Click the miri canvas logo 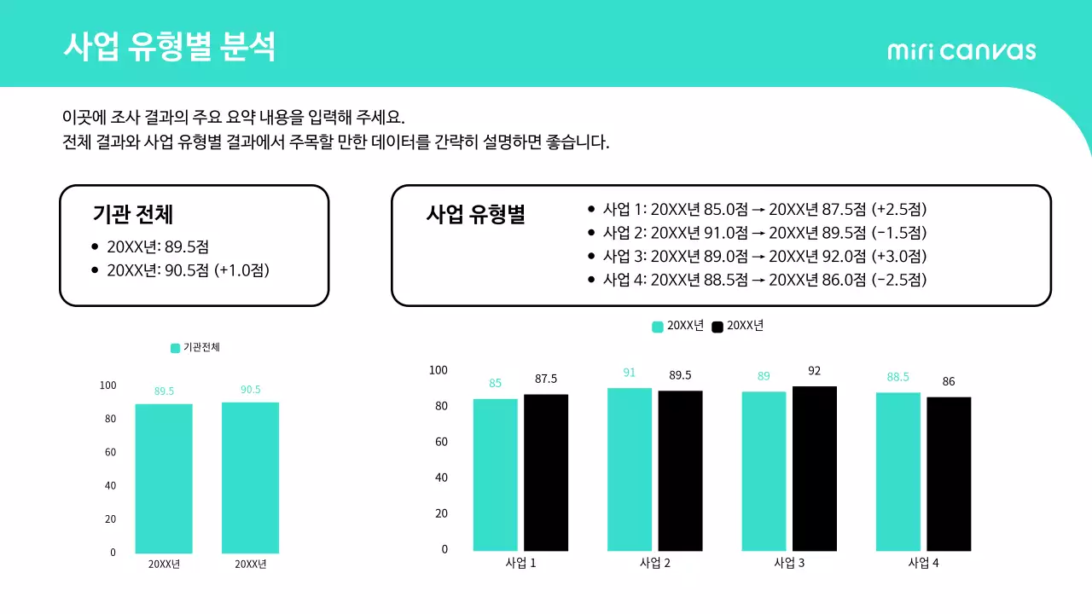[x=961, y=50]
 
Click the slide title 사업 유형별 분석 [x=170, y=46]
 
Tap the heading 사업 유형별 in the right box [x=475, y=214]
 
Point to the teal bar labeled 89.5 [x=164, y=478]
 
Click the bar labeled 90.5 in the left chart [x=250, y=478]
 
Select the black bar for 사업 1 [x=546, y=472]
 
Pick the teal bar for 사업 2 [x=630, y=469]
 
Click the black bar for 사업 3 [x=815, y=468]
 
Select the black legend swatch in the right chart [x=717, y=327]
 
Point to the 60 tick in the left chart [x=109, y=452]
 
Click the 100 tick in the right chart [x=438, y=370]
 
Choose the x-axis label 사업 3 [x=789, y=564]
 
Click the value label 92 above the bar [x=814, y=371]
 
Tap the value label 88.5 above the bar [x=897, y=377]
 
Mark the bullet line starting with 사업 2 [x=764, y=233]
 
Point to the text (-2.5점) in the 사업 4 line [x=899, y=280]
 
